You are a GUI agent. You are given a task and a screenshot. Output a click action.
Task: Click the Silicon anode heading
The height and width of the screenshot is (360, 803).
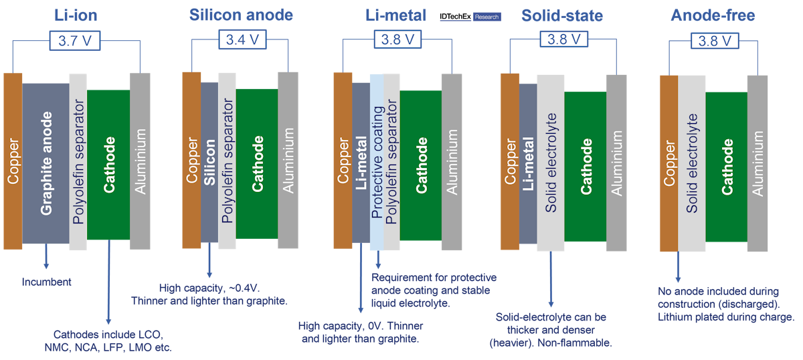pyautogui.click(x=241, y=15)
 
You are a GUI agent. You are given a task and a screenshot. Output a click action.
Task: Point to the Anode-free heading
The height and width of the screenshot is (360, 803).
pyautogui.click(x=713, y=15)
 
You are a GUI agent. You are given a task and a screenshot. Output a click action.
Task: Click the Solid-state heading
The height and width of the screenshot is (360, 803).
pyautogui.click(x=562, y=15)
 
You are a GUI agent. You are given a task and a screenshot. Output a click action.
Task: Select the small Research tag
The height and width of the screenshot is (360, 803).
pyautogui.click(x=487, y=17)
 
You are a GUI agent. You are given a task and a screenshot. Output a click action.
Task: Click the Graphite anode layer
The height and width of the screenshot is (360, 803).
pyautogui.click(x=46, y=165)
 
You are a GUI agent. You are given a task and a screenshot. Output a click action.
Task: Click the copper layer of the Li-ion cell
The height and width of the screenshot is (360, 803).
pyautogui.click(x=13, y=161)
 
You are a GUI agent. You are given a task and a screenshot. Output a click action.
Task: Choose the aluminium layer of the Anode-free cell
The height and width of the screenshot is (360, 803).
pyautogui.click(x=757, y=161)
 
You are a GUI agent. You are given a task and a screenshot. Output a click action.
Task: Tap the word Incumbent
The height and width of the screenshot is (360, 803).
pyautogui.click(x=46, y=282)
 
